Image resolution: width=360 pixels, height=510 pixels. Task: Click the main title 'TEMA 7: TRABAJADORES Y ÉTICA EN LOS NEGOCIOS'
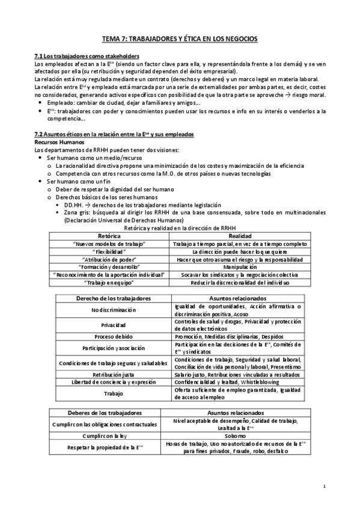click(180, 39)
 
